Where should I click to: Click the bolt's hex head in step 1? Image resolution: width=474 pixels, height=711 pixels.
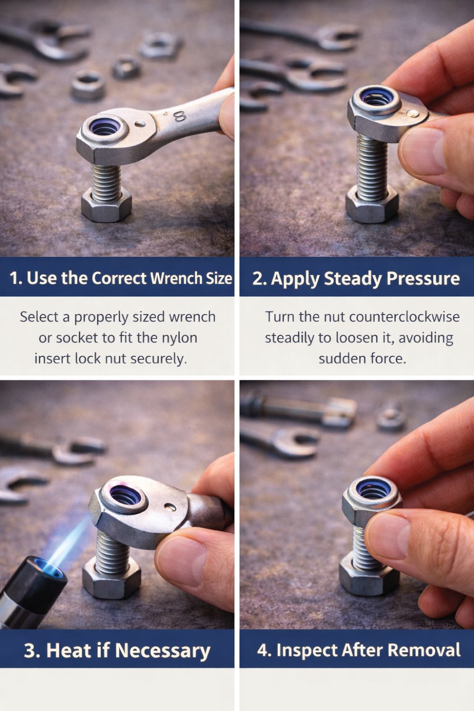(x=106, y=206)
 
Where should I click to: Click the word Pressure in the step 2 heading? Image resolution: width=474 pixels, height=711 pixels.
(x=423, y=279)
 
